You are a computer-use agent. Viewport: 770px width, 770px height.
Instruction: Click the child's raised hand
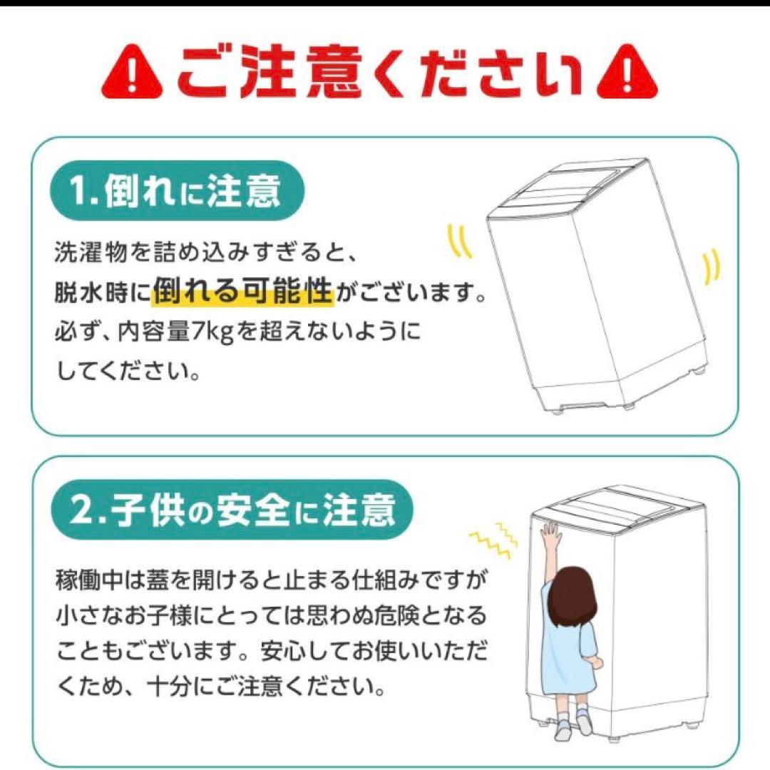550,533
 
